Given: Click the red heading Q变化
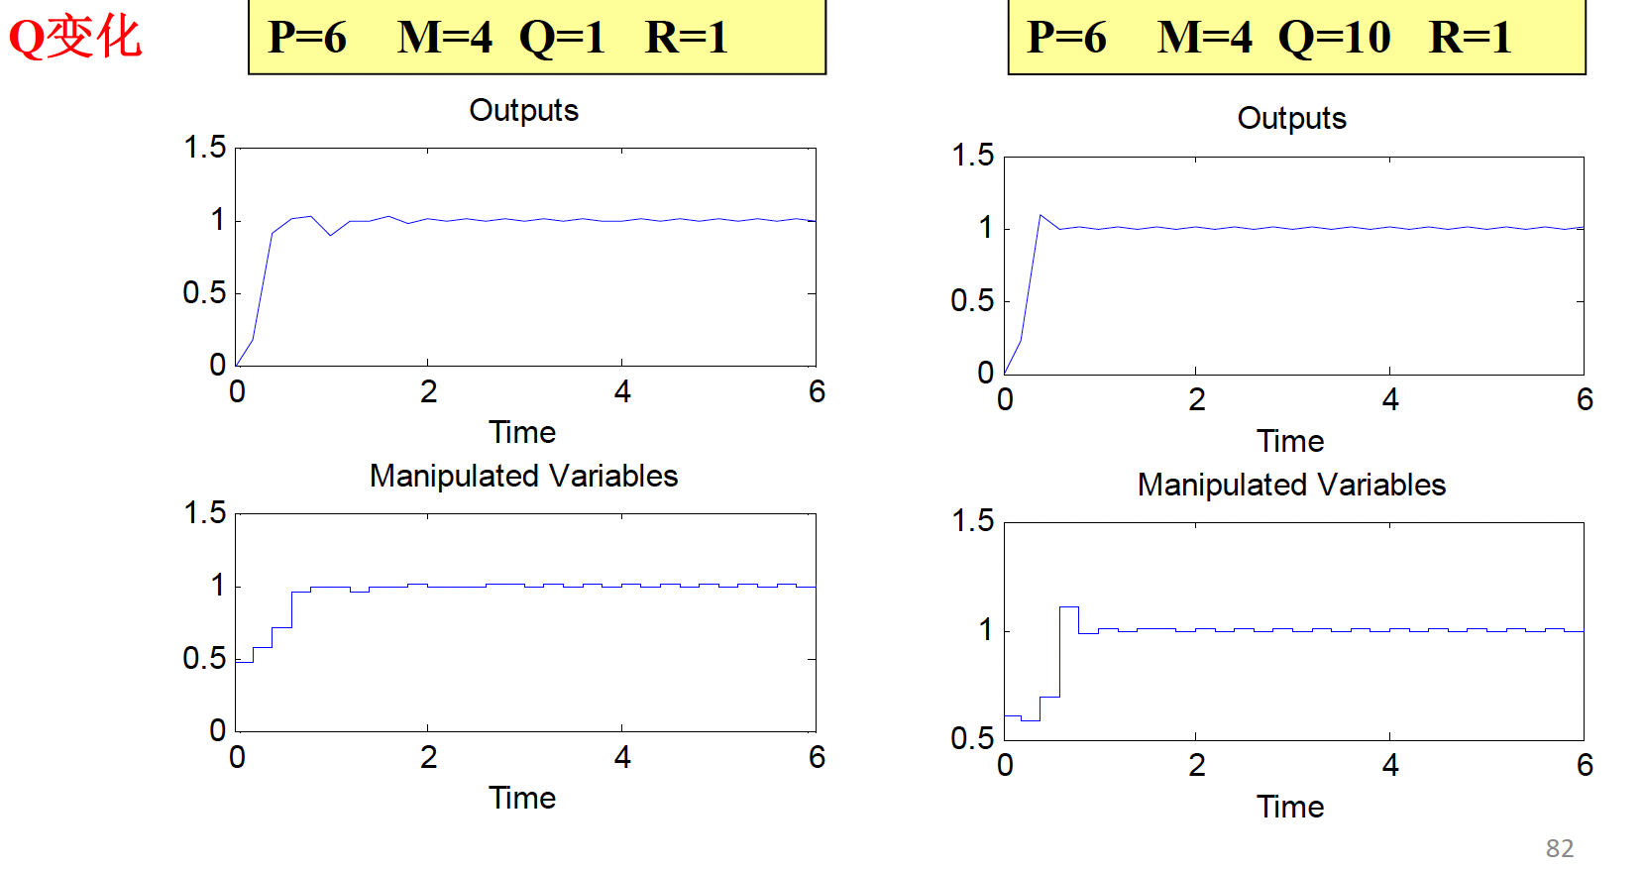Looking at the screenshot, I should click(x=75, y=38).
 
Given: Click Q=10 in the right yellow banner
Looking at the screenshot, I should click(x=1334, y=38).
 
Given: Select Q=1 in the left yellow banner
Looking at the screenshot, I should click(x=562, y=38).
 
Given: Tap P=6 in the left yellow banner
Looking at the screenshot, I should click(x=307, y=38).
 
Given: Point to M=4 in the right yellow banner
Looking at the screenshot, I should click(x=1204, y=38).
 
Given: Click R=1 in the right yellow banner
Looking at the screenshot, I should click(x=1470, y=38).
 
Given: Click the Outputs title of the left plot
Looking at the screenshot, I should click(x=523, y=110).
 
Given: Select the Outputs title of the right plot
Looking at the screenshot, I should click(x=1291, y=118).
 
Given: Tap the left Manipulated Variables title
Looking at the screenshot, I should click(x=523, y=476).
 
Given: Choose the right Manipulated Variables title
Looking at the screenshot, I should click(x=1291, y=485).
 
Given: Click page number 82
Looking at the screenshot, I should click(x=1559, y=848).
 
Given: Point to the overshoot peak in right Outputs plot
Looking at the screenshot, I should click(x=1041, y=215).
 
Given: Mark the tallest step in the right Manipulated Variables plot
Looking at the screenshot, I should click(x=1068, y=607).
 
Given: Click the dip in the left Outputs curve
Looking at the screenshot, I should click(x=331, y=235).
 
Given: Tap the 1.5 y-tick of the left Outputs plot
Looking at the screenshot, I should click(x=204, y=148).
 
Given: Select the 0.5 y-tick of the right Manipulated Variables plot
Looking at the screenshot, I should click(x=971, y=738).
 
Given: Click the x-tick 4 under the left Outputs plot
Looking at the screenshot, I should click(x=621, y=392).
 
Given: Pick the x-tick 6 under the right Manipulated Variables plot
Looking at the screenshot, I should click(x=1585, y=765).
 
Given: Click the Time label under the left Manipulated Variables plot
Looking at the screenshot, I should click(x=522, y=798).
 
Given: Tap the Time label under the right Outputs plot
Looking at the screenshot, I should click(x=1290, y=441).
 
